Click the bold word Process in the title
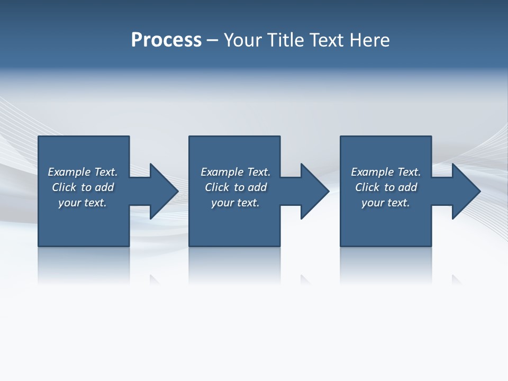[166, 40]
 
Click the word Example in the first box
[69, 172]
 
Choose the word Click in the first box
[64, 187]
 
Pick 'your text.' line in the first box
[83, 203]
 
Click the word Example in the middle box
[222, 172]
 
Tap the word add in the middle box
[257, 187]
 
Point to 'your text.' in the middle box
[235, 203]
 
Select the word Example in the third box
[373, 172]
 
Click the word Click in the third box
[367, 187]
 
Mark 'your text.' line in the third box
[386, 203]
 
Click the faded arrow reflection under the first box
[155, 279]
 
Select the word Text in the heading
[328, 40]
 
